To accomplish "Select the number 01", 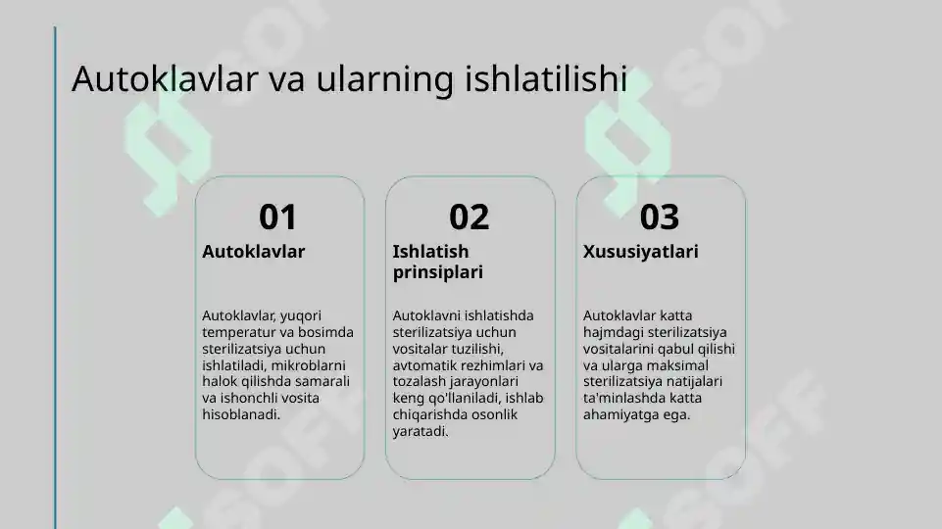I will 277,216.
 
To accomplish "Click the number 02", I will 469,216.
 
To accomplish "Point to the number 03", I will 659,216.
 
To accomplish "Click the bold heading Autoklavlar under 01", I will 253,252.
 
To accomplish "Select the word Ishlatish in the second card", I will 430,252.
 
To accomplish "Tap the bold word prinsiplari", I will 437,272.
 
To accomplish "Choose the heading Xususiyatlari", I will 640,252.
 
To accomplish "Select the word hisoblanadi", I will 241,414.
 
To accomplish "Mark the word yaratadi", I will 421,431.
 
